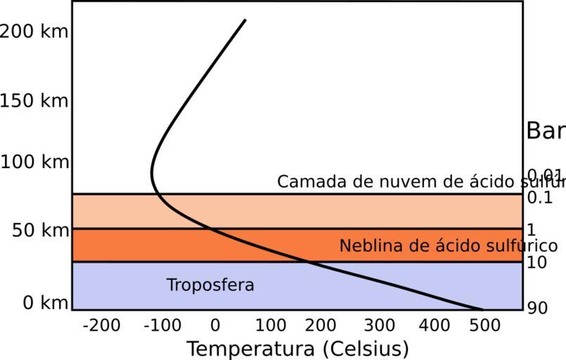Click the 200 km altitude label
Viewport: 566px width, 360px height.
[x=34, y=32]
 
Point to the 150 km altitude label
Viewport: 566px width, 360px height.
[x=34, y=101]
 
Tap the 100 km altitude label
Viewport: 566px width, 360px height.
[x=34, y=162]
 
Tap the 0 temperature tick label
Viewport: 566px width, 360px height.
[x=215, y=326]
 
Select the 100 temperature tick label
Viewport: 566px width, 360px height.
[x=270, y=326]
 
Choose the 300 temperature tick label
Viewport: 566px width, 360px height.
[x=380, y=326]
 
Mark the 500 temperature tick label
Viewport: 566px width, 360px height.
[x=486, y=326]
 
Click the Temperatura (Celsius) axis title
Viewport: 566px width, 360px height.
[x=297, y=349]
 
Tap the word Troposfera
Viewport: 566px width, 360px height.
[x=210, y=285]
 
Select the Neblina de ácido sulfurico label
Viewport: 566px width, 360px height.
[x=448, y=246]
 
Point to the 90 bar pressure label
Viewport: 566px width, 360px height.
[x=537, y=309]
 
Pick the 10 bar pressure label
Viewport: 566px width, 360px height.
[x=537, y=263]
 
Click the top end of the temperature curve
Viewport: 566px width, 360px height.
[x=245, y=20]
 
